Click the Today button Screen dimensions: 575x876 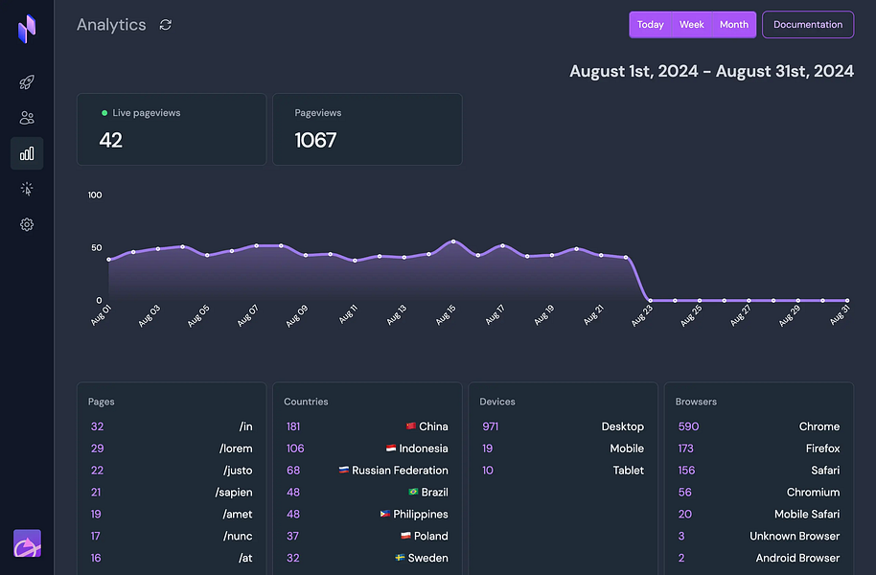pos(650,25)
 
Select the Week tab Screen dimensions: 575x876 pos(691,25)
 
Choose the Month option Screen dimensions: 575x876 pos(734,25)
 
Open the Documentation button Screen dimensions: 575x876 pos(807,25)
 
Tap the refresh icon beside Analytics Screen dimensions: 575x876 pos(166,25)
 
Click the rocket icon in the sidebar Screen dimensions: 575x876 pos(27,82)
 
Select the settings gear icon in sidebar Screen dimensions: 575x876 pos(27,224)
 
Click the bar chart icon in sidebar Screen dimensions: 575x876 pos(27,153)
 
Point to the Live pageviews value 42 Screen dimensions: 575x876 pos(111,140)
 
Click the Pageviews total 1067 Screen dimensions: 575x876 pos(315,140)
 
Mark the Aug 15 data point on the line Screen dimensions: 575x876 pos(453,241)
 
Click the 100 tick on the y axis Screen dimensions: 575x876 pos(95,195)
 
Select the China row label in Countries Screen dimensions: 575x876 pos(433,426)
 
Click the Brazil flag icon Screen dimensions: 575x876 pos(413,492)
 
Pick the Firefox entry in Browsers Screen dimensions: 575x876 pos(822,448)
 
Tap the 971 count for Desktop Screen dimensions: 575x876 pos(490,426)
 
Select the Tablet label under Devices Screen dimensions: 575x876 pos(628,471)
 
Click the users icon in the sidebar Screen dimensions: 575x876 pos(27,118)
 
